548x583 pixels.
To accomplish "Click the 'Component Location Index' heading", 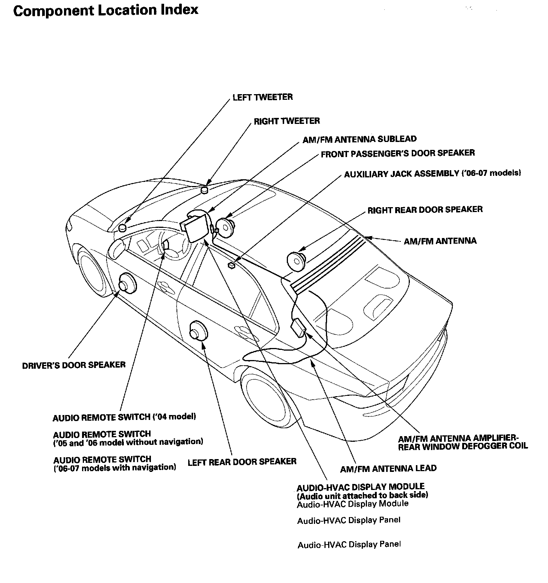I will [x=106, y=10].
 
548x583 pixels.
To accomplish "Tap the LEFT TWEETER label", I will [x=262, y=97].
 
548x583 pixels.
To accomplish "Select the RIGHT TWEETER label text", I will [x=286, y=121].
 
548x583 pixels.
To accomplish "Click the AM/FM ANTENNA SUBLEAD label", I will [x=359, y=139].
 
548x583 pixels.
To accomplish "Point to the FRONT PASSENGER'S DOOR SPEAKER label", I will [x=397, y=153].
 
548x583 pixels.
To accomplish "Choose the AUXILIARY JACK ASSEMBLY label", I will [x=432, y=174].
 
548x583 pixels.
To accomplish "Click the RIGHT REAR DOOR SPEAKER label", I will [x=425, y=209].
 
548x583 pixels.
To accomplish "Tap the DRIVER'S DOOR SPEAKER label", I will [x=74, y=365].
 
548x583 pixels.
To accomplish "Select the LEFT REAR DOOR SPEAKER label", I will [x=242, y=461].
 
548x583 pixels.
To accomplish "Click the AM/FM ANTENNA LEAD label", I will [x=388, y=469].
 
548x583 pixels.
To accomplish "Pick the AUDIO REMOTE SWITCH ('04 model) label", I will [x=124, y=417].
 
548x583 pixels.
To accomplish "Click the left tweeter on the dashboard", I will [x=123, y=227].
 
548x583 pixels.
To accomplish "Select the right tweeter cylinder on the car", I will [x=204, y=189].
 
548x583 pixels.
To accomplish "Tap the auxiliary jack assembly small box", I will [x=231, y=265].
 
